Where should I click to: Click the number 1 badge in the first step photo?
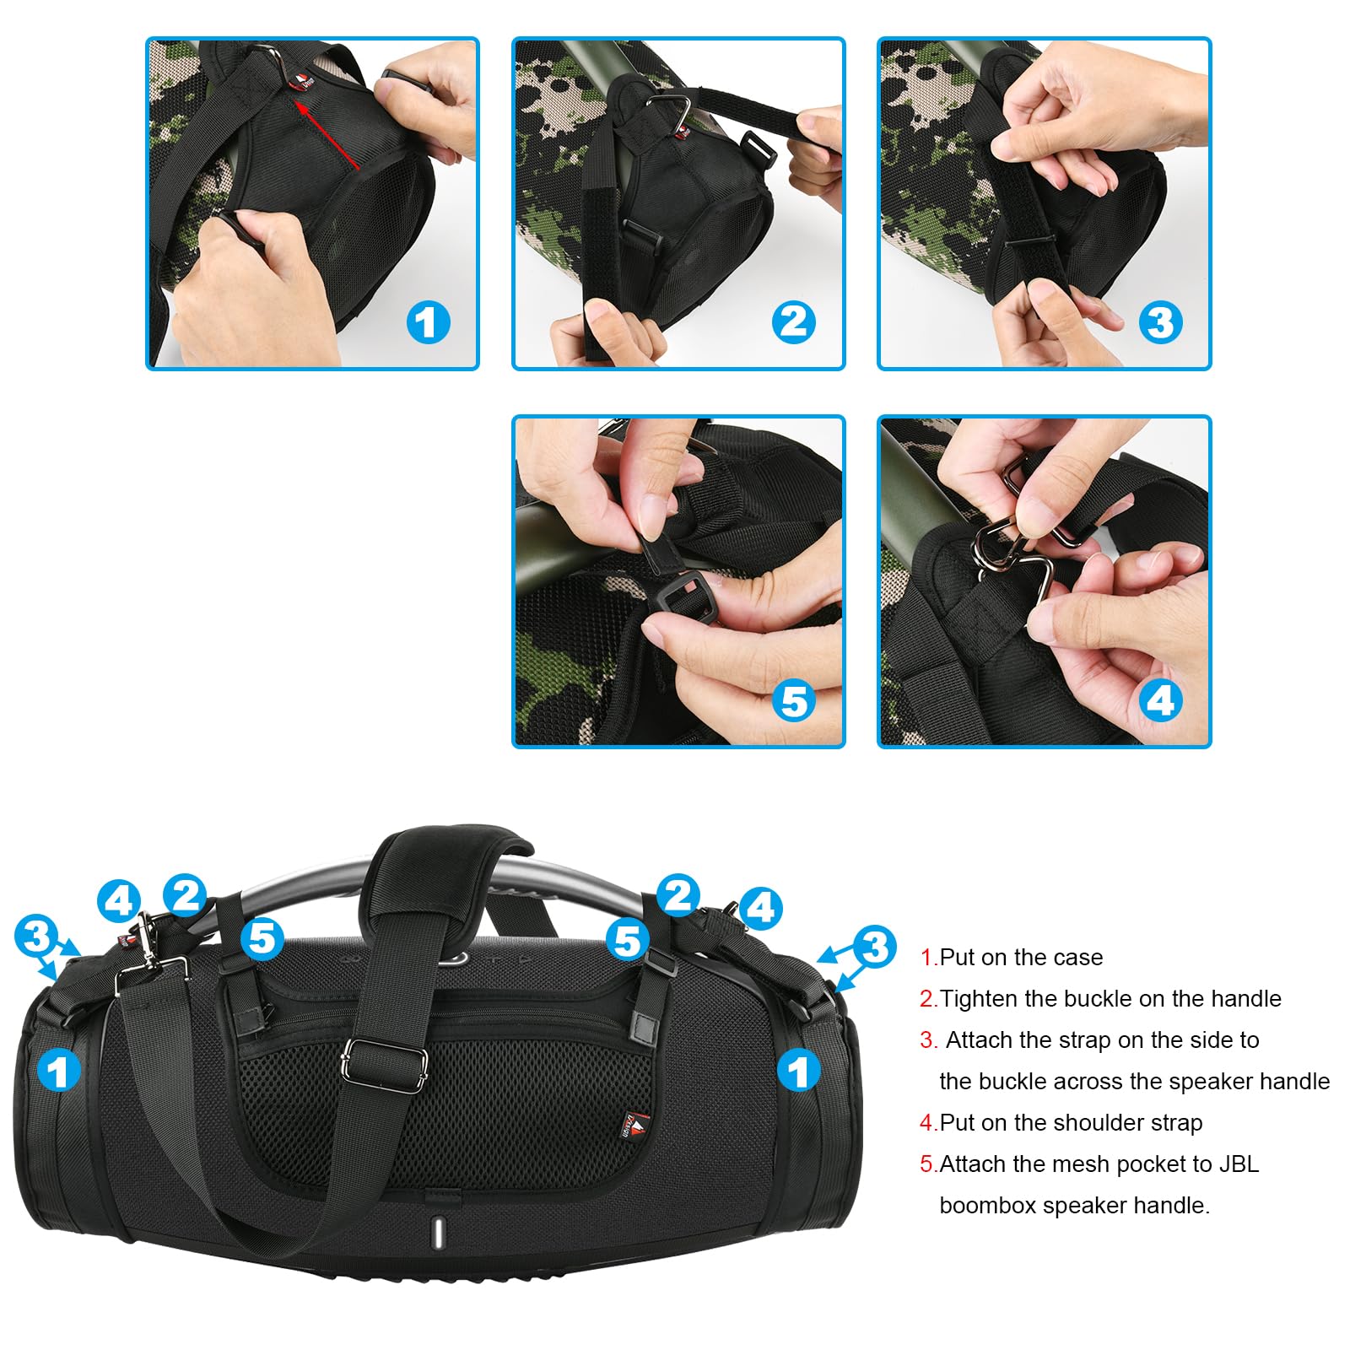coord(428,322)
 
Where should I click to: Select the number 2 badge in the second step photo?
coord(793,322)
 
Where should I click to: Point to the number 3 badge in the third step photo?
coord(1160,322)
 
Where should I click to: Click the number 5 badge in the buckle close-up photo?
coord(794,701)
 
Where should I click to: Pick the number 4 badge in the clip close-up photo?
coord(1160,701)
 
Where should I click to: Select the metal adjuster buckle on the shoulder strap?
coord(384,1064)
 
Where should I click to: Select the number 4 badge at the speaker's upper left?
coord(119,900)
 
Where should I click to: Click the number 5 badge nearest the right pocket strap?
coord(628,940)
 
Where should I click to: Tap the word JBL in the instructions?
coord(1239,1164)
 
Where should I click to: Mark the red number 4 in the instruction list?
coord(926,1123)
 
